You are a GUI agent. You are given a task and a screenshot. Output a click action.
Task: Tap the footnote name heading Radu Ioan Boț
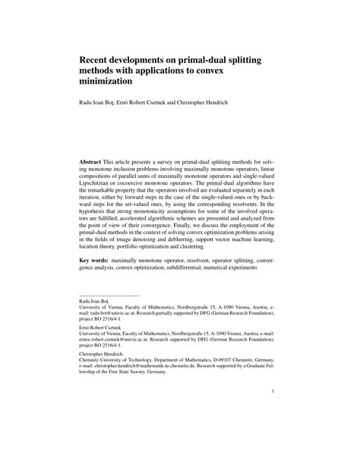click(99, 302)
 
